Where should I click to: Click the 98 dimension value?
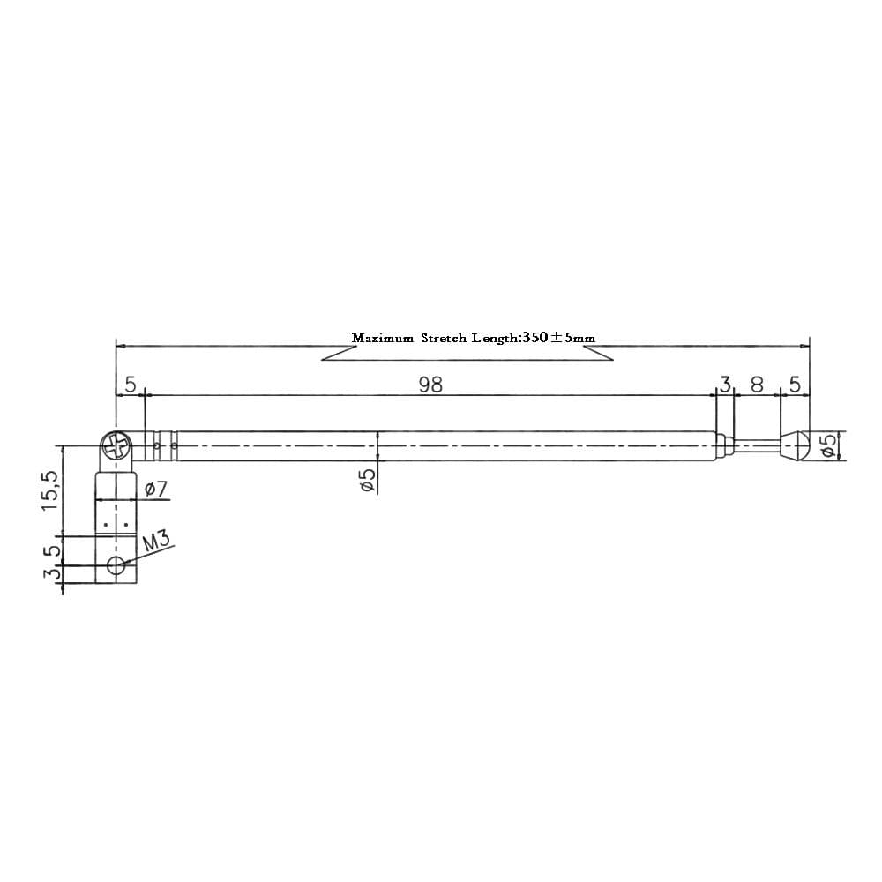430,385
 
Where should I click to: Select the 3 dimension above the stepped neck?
725,385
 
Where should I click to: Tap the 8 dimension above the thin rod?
757,385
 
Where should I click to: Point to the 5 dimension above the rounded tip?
795,385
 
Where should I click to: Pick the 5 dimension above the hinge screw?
131,385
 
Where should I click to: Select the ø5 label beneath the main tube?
368,479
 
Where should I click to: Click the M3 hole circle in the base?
116,566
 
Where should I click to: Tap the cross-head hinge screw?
116,446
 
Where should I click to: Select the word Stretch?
446,338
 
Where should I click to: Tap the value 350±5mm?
558,338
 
